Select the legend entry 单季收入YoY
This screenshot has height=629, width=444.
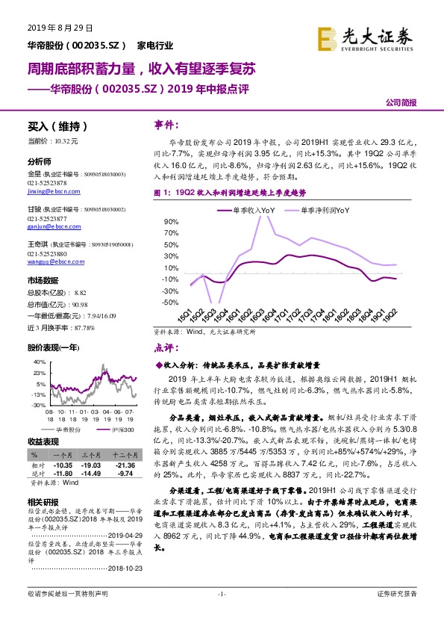pos(246,211)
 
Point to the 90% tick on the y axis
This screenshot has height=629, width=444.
pos(172,222)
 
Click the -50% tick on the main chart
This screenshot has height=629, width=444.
pos(171,303)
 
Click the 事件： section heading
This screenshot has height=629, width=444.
pos(167,123)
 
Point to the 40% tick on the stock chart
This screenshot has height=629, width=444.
pos(39,362)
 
